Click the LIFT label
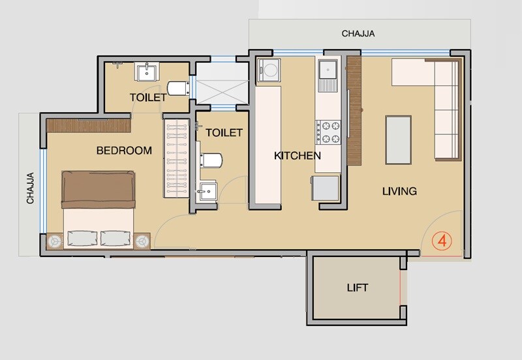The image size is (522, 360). pos(357,288)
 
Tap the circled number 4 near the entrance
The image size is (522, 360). pos(442,240)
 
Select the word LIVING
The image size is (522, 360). pos(399,191)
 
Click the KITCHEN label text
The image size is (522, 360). pos(297,155)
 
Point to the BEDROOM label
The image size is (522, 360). pos(124,151)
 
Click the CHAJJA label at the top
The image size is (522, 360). pos(359,33)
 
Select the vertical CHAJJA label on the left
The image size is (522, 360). pos(31,188)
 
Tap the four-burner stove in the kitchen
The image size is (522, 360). pos(328,131)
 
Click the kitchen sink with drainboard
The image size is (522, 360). pos(327,74)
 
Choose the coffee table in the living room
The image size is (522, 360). pos(398,139)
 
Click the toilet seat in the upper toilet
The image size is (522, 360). pos(177,88)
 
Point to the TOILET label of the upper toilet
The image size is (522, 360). pos(147,97)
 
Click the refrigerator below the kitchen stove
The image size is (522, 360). pos(326,188)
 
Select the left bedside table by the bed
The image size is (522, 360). pos(54,241)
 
